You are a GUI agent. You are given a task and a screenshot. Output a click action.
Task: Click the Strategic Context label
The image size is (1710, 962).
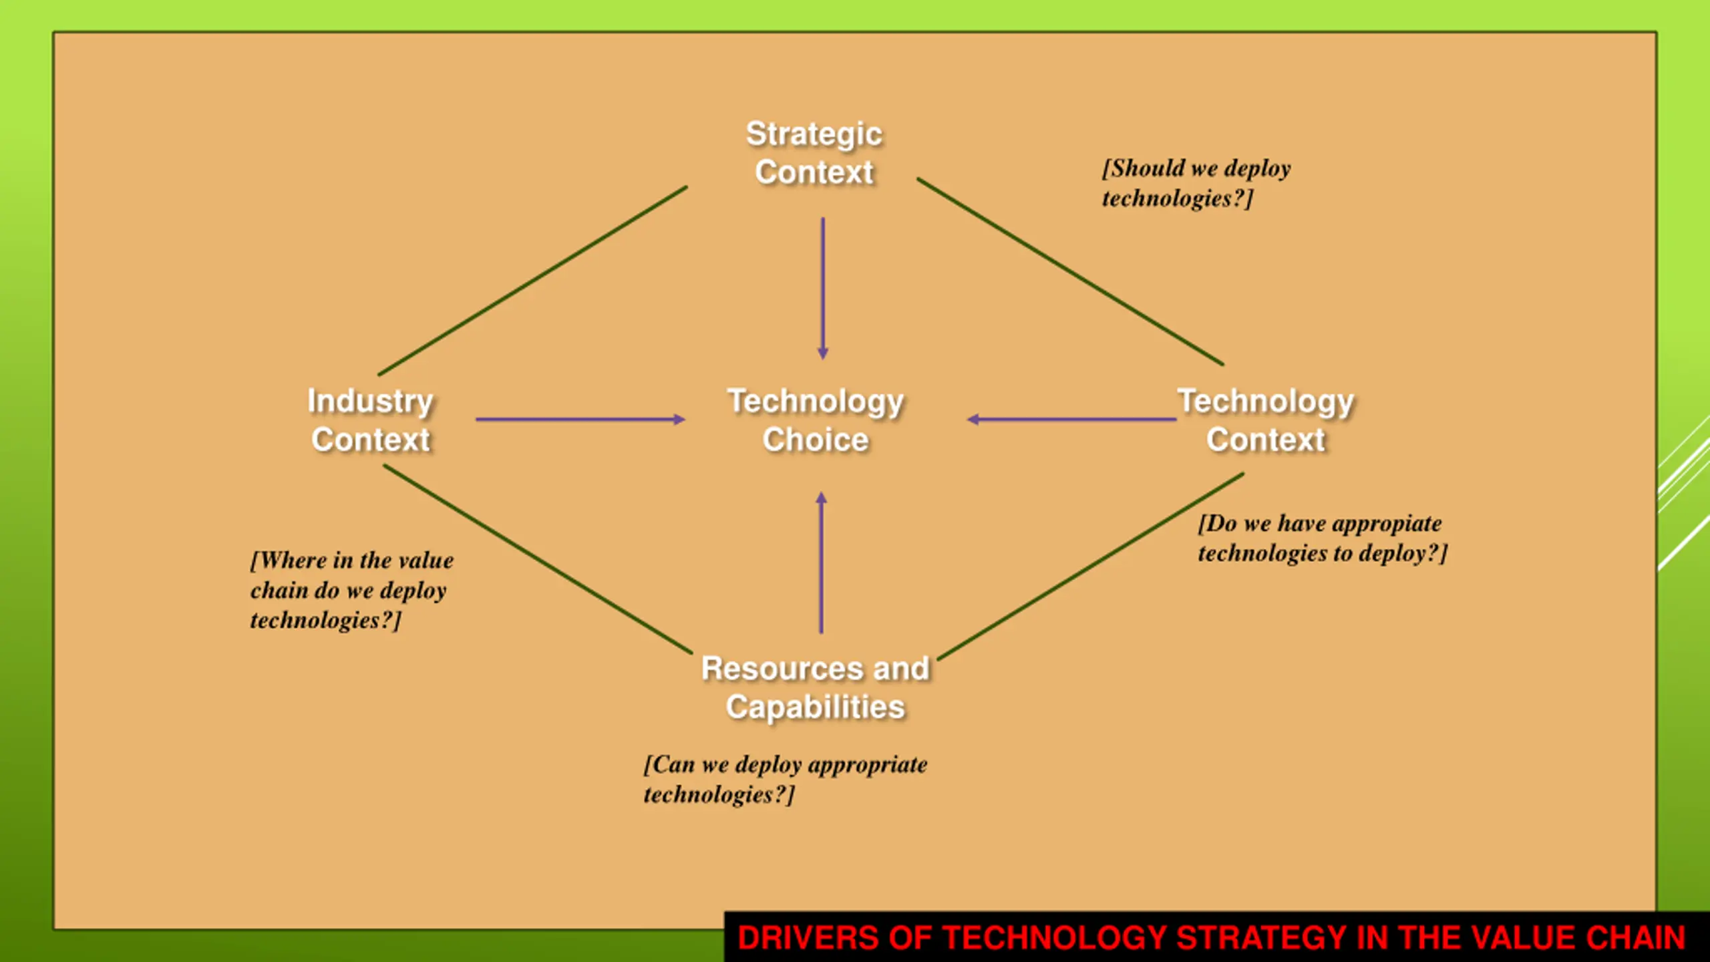(x=814, y=153)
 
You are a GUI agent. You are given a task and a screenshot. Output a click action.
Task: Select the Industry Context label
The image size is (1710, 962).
(x=371, y=420)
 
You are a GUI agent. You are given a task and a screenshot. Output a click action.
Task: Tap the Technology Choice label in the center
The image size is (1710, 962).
(x=816, y=420)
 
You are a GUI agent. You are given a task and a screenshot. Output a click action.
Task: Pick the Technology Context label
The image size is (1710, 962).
(x=1266, y=420)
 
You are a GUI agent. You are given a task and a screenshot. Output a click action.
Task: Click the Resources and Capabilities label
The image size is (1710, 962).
(x=816, y=687)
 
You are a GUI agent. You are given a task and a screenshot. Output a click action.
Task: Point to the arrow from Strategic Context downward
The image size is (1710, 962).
(x=823, y=287)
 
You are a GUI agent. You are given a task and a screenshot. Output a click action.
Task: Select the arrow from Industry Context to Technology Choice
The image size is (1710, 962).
(x=580, y=420)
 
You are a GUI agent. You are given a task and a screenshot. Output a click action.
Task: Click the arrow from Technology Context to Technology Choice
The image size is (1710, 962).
(x=1071, y=420)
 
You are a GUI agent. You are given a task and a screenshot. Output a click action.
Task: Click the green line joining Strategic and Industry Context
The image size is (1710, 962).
(x=532, y=281)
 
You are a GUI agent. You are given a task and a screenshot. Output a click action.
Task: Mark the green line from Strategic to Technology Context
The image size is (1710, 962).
(x=1070, y=271)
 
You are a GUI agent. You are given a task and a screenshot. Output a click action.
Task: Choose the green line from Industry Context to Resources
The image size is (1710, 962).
(x=538, y=559)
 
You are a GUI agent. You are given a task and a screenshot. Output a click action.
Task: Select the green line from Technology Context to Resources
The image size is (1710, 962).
(x=1090, y=567)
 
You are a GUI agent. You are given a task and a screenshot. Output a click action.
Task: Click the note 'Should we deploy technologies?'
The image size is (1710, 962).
(x=1196, y=183)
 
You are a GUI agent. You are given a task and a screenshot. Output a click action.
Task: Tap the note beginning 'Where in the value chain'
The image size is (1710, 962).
(x=352, y=590)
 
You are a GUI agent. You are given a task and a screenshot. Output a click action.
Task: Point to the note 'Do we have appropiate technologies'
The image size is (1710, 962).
(x=1322, y=538)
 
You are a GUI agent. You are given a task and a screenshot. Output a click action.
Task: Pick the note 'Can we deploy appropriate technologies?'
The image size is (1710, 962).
(x=786, y=779)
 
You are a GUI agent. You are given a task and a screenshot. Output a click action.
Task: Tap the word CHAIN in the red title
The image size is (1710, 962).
(x=1636, y=937)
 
